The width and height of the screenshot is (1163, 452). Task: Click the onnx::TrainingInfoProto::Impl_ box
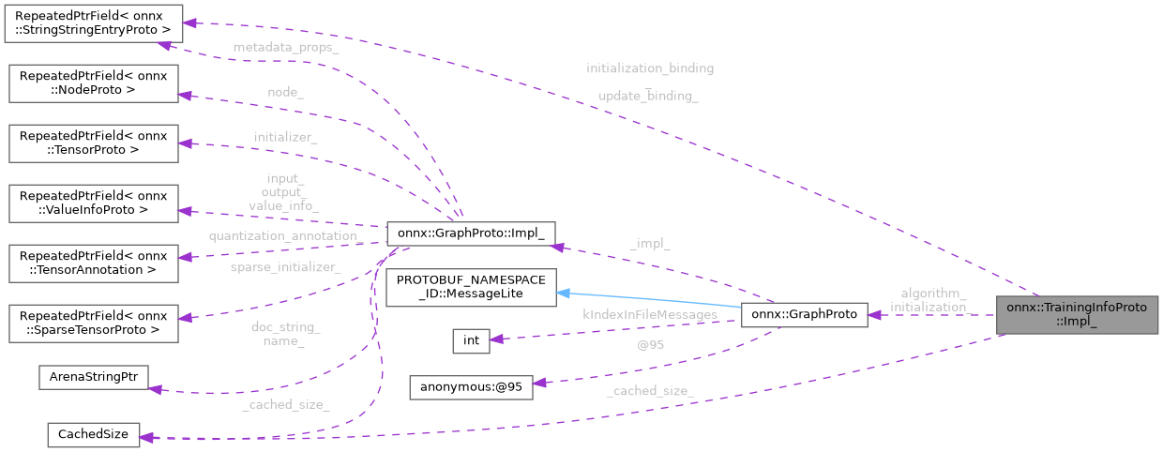click(x=1077, y=315)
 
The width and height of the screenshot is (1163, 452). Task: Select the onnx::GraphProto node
click(x=803, y=315)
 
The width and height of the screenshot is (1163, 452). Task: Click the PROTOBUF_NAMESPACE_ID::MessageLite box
click(x=472, y=287)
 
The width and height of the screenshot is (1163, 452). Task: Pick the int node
click(x=471, y=340)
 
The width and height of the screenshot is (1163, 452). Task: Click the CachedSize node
click(x=94, y=434)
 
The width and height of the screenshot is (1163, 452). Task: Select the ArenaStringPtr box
click(x=94, y=377)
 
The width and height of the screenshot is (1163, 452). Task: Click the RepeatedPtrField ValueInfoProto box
click(x=94, y=203)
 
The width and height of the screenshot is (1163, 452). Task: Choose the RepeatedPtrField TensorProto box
click(x=94, y=143)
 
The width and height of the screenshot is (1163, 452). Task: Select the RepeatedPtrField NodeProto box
click(x=94, y=83)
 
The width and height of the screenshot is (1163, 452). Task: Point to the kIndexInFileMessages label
click(x=650, y=315)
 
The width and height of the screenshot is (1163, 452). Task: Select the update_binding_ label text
click(x=648, y=96)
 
